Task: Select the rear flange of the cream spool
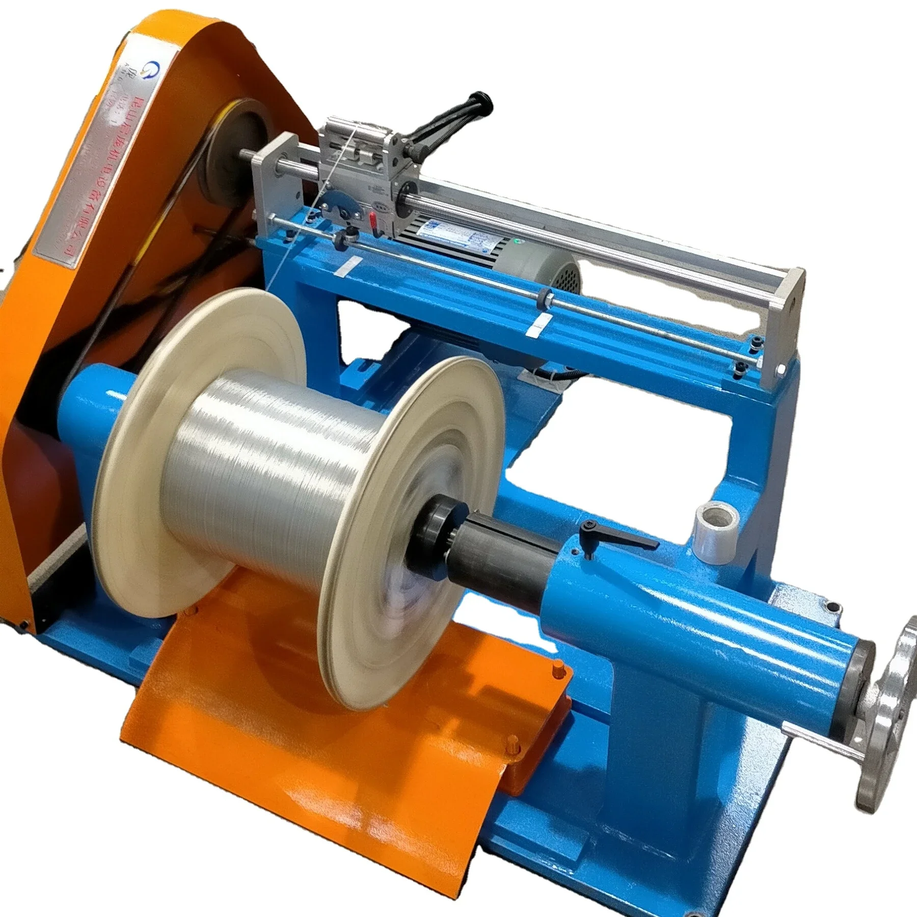[x=204, y=387]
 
